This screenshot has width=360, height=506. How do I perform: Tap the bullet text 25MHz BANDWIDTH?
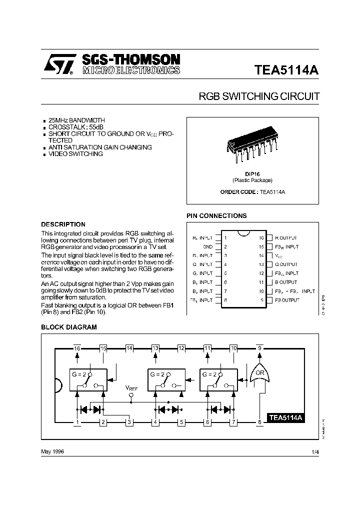(76, 121)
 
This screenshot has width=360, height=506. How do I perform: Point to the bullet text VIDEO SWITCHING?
(75, 154)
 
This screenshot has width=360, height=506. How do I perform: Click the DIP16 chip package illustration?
(252, 145)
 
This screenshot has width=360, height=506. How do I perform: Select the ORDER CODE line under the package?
(252, 192)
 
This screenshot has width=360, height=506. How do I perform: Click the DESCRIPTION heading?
(63, 224)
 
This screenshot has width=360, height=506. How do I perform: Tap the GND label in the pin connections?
(207, 246)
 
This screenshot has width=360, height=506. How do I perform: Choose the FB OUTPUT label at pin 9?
(287, 300)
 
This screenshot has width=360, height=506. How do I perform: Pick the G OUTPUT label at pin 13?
(286, 264)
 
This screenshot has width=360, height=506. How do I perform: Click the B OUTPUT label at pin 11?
(286, 282)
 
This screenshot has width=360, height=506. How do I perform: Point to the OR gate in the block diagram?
(260, 374)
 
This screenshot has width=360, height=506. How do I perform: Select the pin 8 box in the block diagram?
(259, 422)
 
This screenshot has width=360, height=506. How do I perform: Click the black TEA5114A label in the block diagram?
(286, 417)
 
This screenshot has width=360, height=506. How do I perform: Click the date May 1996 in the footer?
(52, 451)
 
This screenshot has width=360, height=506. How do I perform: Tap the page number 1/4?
(314, 451)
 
